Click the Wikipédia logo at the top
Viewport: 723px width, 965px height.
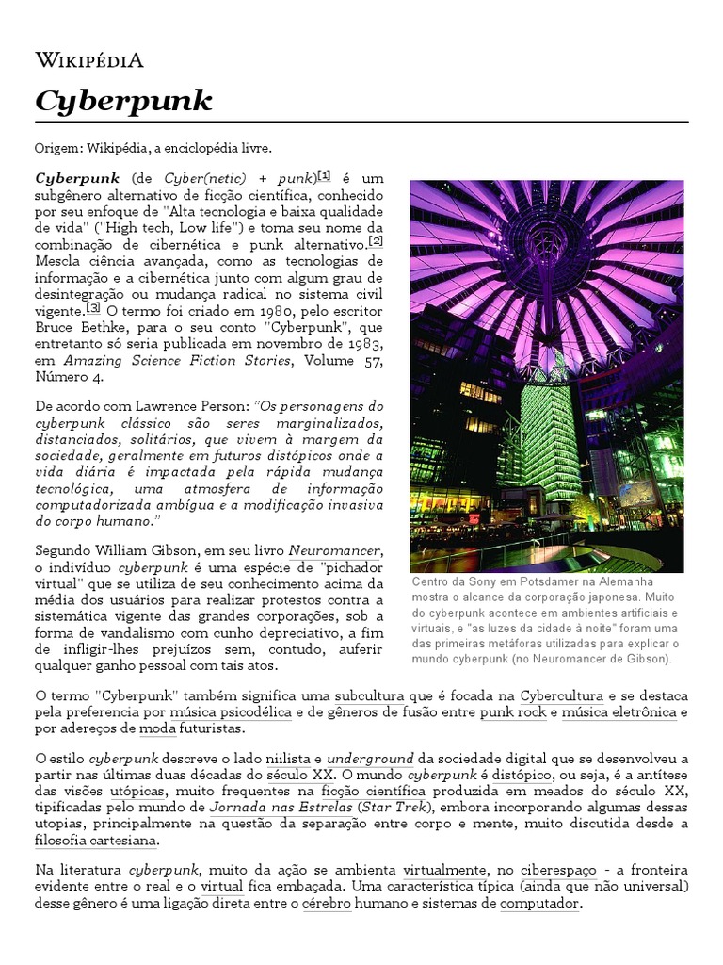click(89, 62)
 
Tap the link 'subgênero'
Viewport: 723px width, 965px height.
click(70, 196)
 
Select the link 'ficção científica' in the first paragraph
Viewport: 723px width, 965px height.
click(254, 196)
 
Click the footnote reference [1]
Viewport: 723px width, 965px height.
click(324, 175)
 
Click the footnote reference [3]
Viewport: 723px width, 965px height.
click(93, 307)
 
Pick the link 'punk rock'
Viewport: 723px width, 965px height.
click(512, 712)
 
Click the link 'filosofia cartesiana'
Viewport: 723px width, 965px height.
click(95, 840)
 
